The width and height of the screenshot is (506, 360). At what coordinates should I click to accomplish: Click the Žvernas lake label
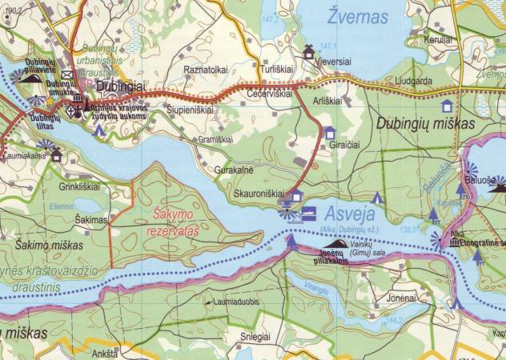357,16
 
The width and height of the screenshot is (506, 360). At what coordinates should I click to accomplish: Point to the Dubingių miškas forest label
424,125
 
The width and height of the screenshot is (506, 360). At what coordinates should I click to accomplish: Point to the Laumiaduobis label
233,303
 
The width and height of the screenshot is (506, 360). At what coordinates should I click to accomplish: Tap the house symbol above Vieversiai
308,52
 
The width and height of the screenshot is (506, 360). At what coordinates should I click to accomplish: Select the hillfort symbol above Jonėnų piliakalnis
339,243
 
